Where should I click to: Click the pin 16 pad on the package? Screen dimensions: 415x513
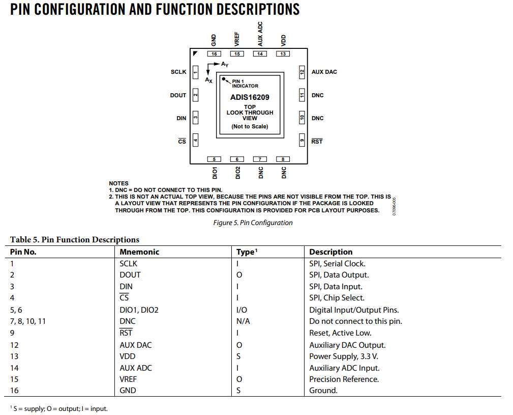[x=214, y=54]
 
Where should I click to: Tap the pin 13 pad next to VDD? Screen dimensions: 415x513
[x=283, y=54]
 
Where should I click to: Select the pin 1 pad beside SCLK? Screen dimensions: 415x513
[x=195, y=72]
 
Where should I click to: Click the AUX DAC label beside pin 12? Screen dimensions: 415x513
[x=324, y=72]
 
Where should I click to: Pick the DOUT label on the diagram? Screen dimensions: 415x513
[x=178, y=95]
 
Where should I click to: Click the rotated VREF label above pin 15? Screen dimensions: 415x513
[x=237, y=39]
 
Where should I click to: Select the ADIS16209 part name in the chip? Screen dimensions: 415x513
[x=250, y=97]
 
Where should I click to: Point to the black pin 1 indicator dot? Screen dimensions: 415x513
[x=224, y=79]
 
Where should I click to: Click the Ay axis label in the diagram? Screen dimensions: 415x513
[x=225, y=64]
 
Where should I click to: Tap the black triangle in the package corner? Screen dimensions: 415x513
[x=195, y=53]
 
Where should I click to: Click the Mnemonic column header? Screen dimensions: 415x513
[x=139, y=252]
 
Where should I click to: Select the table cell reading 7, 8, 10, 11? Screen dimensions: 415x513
[x=28, y=321]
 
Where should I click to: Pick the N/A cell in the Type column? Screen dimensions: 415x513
[x=243, y=321]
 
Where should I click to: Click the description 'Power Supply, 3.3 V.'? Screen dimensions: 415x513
[x=344, y=356]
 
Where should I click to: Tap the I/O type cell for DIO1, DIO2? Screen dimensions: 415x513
[x=242, y=310]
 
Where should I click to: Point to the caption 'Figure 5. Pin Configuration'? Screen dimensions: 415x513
[x=253, y=223]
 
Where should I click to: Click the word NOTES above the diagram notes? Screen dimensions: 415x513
[x=118, y=183]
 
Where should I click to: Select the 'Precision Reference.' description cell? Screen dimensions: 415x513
[x=344, y=379]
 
